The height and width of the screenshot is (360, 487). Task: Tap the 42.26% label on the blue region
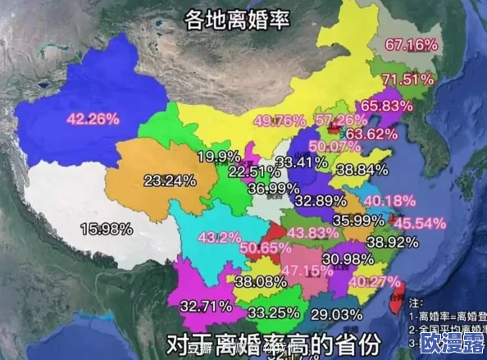pos(93,118)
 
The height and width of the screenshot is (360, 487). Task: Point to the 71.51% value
pos(407,80)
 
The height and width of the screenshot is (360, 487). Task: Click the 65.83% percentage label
pos(385,106)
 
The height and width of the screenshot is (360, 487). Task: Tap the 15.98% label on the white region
pos(106,227)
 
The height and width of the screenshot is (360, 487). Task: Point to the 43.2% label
pos(220,237)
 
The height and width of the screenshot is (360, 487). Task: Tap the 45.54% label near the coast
pos(419,223)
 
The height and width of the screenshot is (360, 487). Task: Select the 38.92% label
pos(392,243)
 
